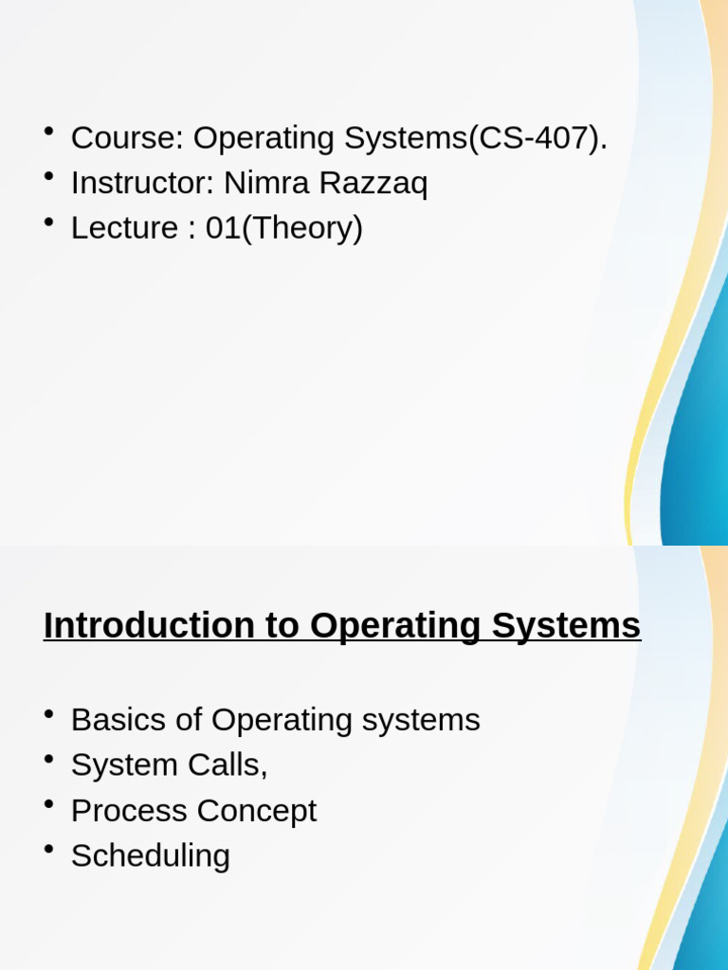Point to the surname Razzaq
tap(375, 184)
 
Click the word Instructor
tap(137, 183)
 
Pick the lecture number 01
tap(224, 228)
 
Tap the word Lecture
tap(125, 228)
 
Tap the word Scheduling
tap(151, 856)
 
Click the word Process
tap(129, 811)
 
